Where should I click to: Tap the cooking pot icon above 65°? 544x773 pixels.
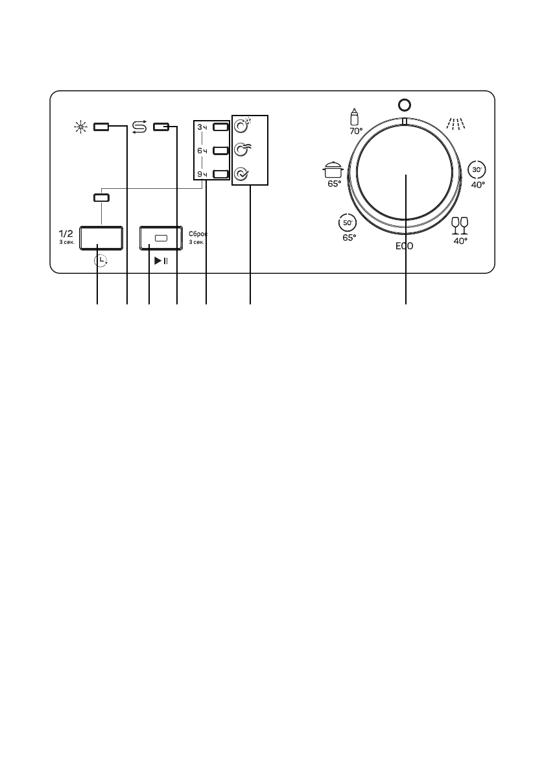333,169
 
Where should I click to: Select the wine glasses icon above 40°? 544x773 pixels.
460,226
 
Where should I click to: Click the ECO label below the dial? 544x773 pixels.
404,245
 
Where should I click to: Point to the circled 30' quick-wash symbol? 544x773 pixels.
477,169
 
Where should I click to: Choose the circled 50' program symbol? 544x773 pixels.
348,223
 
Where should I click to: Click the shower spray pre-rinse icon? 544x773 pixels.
455,123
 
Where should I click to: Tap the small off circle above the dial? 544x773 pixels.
404,105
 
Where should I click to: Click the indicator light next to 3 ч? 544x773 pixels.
220,127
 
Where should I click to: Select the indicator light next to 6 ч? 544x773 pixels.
220,151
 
